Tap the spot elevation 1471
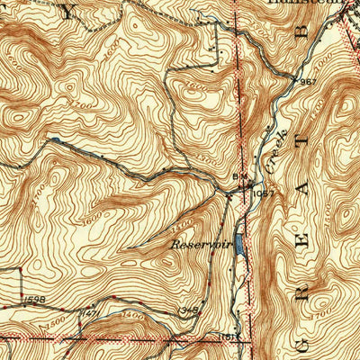(x=90, y=312)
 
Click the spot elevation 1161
(x=227, y=337)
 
